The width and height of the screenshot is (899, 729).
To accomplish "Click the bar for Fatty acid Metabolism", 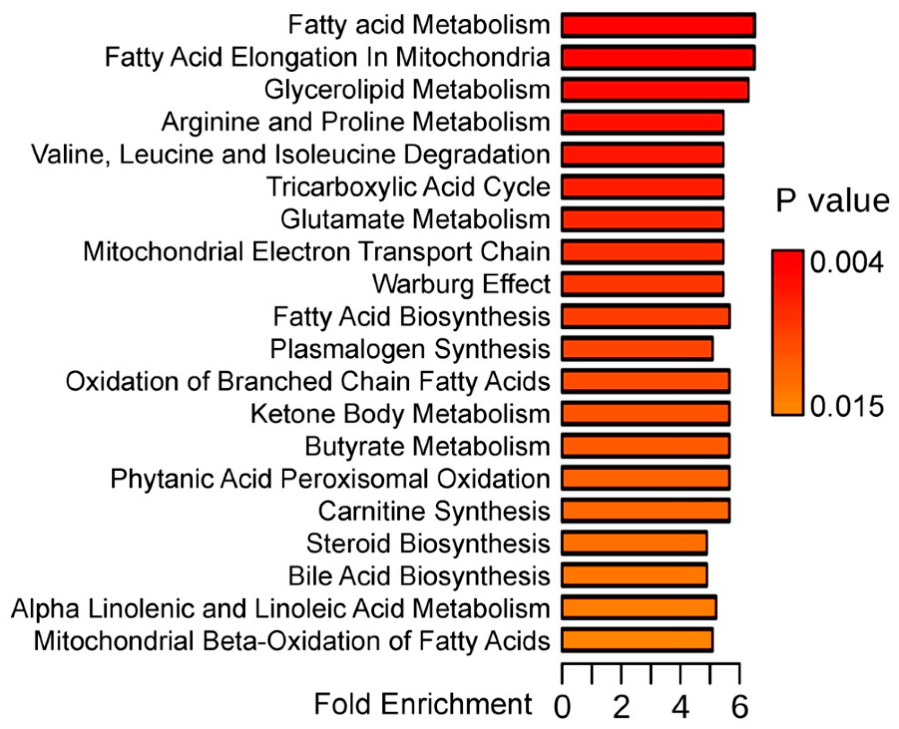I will (x=658, y=25).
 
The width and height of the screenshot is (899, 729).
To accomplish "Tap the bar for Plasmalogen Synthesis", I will (x=637, y=349).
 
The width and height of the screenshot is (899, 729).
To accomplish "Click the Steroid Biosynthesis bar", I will (x=634, y=544).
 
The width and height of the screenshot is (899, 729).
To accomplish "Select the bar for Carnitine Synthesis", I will (x=645, y=511).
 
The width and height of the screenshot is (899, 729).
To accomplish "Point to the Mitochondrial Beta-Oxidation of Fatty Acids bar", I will (x=637, y=640).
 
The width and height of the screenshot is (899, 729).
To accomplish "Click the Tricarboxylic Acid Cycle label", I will (x=408, y=187).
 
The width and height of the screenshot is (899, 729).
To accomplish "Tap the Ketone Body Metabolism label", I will (x=400, y=414).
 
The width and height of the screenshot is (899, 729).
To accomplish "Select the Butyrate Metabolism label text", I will (x=427, y=446).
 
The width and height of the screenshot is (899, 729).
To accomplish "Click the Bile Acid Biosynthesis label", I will (x=419, y=576).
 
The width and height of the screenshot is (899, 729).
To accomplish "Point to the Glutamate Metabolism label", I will (x=415, y=219).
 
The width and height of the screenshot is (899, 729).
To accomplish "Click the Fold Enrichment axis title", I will (x=423, y=704).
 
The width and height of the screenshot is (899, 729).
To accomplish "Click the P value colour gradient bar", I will (x=787, y=332).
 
